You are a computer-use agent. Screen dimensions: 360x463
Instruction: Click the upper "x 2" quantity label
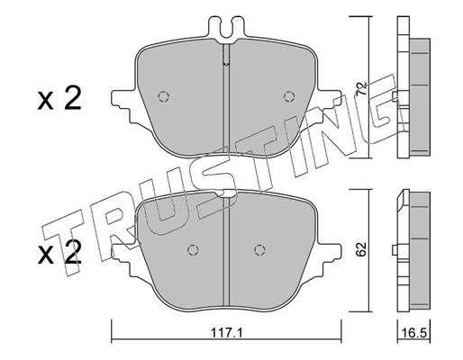59,98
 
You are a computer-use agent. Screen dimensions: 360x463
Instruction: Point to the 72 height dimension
361,90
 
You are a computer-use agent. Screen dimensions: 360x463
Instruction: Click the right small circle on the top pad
289,97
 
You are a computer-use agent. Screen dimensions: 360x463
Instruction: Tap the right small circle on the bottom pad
259,250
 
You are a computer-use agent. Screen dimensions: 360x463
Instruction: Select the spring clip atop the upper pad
226,27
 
